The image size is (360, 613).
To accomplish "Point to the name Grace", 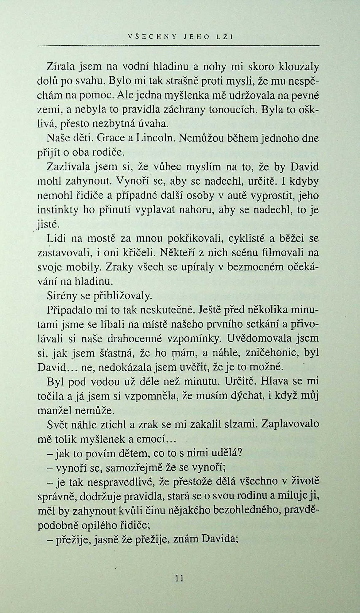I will point(110,138).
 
